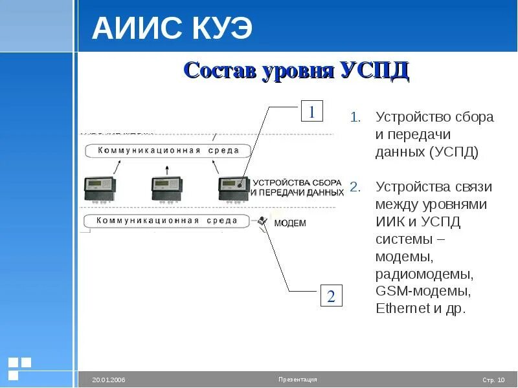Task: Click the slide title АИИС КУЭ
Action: click(x=172, y=29)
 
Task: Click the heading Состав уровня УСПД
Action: click(x=296, y=70)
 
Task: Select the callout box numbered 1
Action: click(x=311, y=112)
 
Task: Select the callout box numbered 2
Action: click(x=331, y=296)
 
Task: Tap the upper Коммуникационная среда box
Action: click(x=168, y=151)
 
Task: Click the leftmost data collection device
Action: click(x=100, y=189)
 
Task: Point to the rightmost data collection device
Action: click(x=234, y=189)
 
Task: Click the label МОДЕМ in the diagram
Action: click(x=289, y=223)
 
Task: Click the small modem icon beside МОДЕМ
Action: click(x=262, y=221)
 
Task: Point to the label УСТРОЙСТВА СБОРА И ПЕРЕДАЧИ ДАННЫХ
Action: click(x=297, y=188)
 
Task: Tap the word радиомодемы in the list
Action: click(x=425, y=274)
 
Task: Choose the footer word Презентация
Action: click(x=298, y=380)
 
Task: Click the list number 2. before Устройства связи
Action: click(x=355, y=188)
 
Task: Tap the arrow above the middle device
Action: click(x=167, y=169)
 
